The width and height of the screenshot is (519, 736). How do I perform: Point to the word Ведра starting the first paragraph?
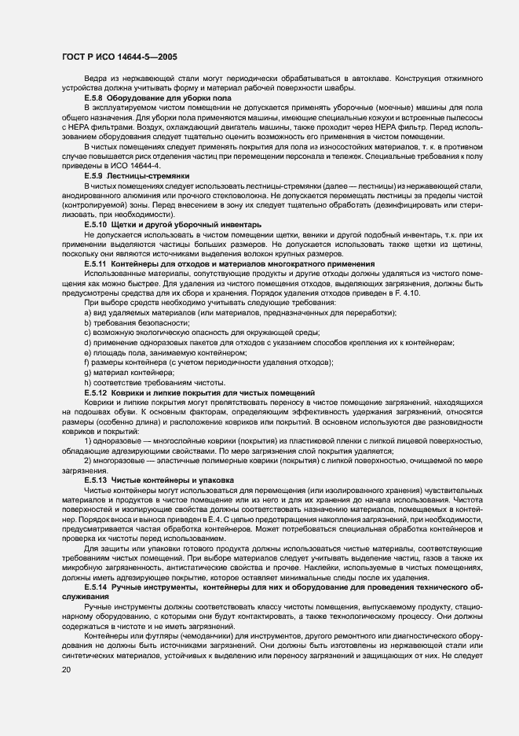pos(94,78)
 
